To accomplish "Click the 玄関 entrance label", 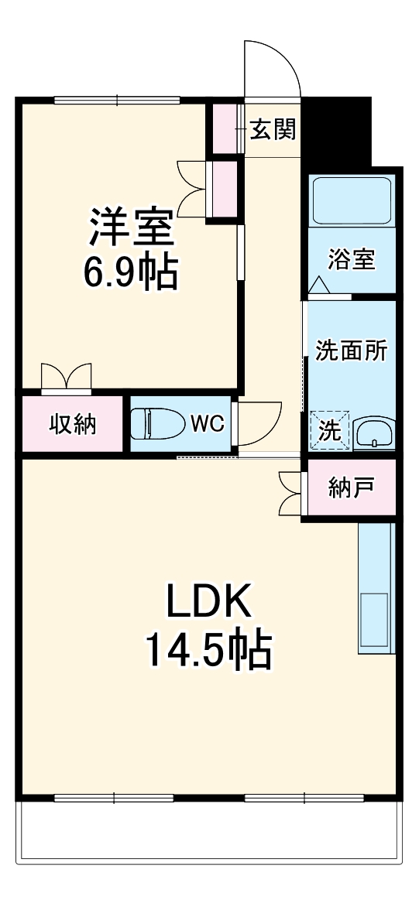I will coord(273,130).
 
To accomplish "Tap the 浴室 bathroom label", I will coord(351,260).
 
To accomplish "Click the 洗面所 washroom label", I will coord(351,350).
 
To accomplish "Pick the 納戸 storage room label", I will coord(351,487).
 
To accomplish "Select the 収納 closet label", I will coord(73,424).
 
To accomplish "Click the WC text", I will coord(207,424).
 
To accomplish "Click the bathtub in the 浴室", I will coord(351,201).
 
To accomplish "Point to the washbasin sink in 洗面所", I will coord(374,433).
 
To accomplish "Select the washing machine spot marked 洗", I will coord(329,431).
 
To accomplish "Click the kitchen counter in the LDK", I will coord(376,588).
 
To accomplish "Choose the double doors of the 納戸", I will coord(290,494).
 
